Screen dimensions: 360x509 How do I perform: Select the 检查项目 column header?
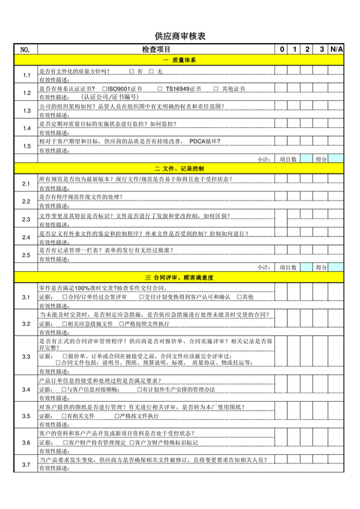[x=156, y=49]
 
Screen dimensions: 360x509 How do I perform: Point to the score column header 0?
[x=282, y=49]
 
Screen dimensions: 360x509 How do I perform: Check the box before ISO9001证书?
[x=104, y=89]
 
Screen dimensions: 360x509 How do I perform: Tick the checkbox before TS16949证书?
[x=159, y=89]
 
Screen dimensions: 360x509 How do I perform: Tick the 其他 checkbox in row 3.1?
[x=239, y=297]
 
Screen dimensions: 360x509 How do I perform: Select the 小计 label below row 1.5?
[x=263, y=158]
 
